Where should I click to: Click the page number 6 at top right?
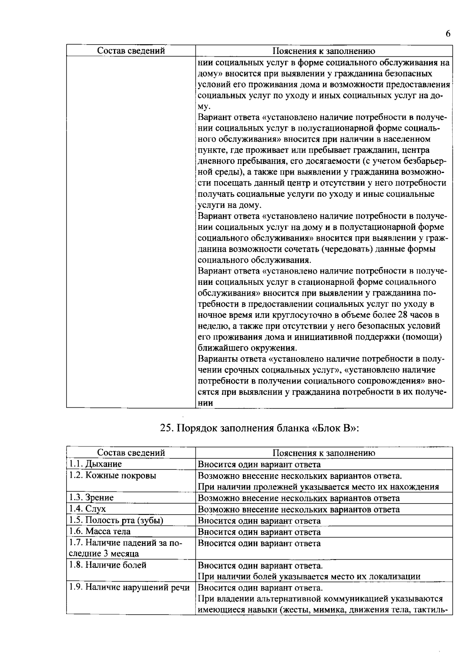448,34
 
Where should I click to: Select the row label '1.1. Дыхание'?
96,464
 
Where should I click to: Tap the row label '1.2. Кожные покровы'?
112,475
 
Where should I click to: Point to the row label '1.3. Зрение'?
91,498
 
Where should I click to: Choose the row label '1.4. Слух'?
87,509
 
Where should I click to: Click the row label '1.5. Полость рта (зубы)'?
116,520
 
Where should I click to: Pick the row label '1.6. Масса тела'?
100,531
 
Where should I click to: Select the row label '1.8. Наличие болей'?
108,565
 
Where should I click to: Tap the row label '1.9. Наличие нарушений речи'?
129,588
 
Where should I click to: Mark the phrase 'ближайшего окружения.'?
247,348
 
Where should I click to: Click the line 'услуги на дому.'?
229,205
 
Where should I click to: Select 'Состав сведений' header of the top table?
131,51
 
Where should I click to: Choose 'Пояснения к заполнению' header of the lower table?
324,453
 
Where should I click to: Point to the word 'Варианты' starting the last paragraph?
214,359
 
